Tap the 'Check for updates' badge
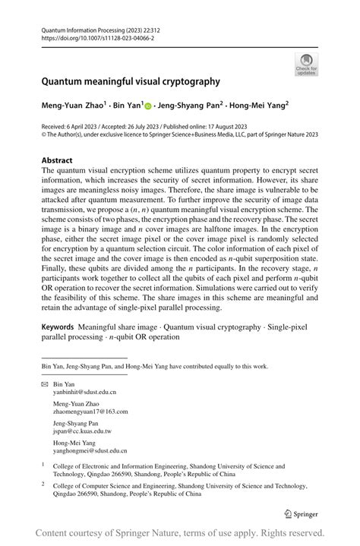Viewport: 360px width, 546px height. (306, 64)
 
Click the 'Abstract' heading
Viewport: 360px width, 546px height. (57, 161)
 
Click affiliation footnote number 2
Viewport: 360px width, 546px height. (44, 481)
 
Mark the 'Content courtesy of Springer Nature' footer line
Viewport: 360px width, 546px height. (180, 532)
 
